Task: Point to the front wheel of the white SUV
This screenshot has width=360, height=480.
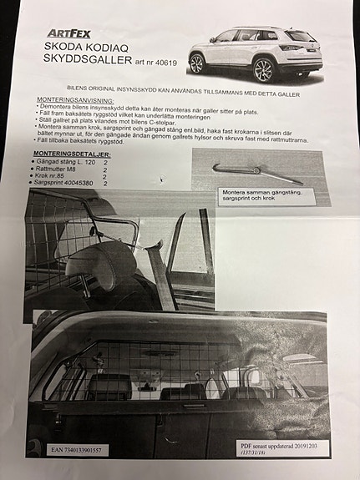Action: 197,63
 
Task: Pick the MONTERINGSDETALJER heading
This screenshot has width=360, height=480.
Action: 71,155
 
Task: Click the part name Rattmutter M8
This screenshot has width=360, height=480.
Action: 58,169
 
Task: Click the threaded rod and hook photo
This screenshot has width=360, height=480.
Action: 256,172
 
